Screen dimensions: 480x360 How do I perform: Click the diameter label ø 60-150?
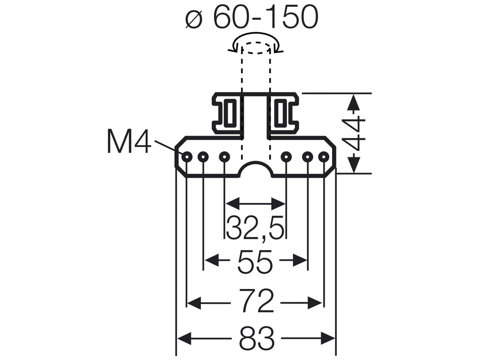252,17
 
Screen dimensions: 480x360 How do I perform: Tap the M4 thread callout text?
129,141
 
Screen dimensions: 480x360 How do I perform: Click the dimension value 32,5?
256,228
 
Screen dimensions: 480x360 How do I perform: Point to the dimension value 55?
255,262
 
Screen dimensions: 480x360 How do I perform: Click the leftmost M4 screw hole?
187,157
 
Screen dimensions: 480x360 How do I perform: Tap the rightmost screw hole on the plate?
324,157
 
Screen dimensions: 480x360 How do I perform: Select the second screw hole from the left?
203,157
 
